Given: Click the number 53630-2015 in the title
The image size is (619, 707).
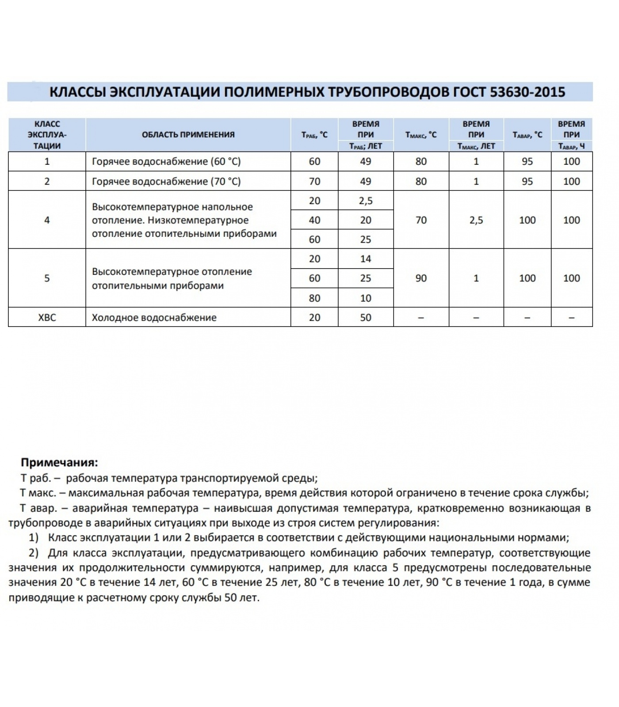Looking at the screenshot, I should (527, 92).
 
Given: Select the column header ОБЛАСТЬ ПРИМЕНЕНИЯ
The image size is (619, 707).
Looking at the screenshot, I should (188, 135).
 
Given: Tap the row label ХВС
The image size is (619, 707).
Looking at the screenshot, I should (47, 317).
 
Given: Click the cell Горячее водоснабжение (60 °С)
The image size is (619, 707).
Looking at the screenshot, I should (166, 161).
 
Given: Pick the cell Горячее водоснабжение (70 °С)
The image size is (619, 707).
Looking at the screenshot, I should (166, 181).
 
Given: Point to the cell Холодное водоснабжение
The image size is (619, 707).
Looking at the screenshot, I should (154, 317).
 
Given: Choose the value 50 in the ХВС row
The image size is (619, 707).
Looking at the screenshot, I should (365, 317).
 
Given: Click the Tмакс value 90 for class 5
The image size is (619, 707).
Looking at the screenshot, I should (421, 278).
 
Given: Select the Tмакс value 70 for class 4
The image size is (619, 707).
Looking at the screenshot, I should (421, 220).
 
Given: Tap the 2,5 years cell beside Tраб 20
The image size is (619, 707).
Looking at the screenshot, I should (365, 201).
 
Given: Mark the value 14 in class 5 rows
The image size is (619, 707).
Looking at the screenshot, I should (365, 259).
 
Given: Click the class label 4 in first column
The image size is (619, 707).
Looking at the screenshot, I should (47, 220).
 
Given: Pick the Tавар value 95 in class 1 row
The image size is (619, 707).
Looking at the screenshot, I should (527, 161).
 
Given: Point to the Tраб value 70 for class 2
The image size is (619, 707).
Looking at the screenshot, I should (314, 181).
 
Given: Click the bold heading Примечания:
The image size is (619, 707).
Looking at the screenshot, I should (59, 463).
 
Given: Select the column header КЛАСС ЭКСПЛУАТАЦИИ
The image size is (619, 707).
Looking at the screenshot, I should (47, 135).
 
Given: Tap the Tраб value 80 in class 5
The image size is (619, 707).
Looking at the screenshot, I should (314, 298).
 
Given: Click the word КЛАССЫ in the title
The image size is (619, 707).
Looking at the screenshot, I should (77, 92).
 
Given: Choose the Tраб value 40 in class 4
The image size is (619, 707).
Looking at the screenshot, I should (314, 220).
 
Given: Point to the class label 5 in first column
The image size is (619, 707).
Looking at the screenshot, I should (47, 278).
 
